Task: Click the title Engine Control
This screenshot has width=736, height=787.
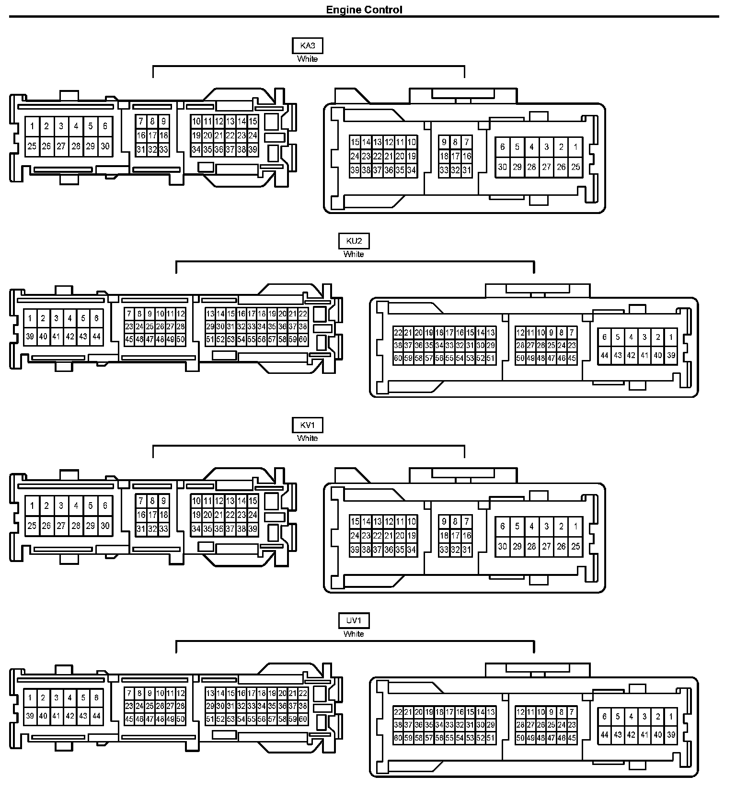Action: pyautogui.click(x=364, y=10)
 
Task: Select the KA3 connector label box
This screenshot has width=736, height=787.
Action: pyautogui.click(x=307, y=46)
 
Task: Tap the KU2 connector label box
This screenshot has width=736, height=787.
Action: pyautogui.click(x=354, y=241)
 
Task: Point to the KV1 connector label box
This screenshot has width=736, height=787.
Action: pyautogui.click(x=307, y=425)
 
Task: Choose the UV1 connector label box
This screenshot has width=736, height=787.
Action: pyautogui.click(x=354, y=621)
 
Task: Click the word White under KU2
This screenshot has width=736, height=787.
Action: pyautogui.click(x=354, y=254)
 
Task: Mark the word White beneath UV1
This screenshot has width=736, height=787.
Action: pyautogui.click(x=354, y=634)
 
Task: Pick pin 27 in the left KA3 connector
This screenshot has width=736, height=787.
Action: pyautogui.click(x=61, y=146)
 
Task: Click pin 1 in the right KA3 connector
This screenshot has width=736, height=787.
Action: pyautogui.click(x=575, y=147)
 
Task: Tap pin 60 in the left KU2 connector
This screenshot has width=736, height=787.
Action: pyautogui.click(x=303, y=339)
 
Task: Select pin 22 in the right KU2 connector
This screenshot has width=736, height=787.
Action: pyautogui.click(x=398, y=333)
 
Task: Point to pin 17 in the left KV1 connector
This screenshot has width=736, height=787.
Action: pyautogui.click(x=152, y=515)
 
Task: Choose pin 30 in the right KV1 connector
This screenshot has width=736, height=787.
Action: pyautogui.click(x=502, y=546)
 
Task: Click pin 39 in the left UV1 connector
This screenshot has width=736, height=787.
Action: pyautogui.click(x=30, y=716)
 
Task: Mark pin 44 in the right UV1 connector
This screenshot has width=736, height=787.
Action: pyautogui.click(x=604, y=735)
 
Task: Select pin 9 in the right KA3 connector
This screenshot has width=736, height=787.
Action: pyautogui.click(x=444, y=142)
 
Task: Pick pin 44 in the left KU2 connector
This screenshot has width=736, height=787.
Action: pyautogui.click(x=96, y=337)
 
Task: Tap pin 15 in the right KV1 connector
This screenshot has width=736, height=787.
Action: pyautogui.click(x=355, y=521)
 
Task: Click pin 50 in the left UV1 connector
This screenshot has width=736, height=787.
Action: pyautogui.click(x=181, y=719)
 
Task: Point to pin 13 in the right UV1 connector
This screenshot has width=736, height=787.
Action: pyautogui.click(x=491, y=712)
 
